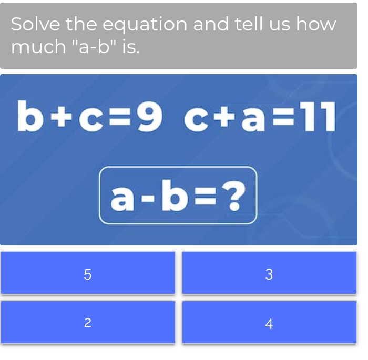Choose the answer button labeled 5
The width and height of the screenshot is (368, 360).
click(88, 273)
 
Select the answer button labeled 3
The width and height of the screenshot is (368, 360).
click(269, 273)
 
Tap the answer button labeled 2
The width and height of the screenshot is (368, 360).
click(88, 323)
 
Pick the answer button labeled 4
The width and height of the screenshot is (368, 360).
click(269, 323)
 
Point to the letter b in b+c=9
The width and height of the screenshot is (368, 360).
click(29, 116)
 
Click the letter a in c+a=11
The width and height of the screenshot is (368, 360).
click(252, 118)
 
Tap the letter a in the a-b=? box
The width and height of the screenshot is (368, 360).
click(122, 197)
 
